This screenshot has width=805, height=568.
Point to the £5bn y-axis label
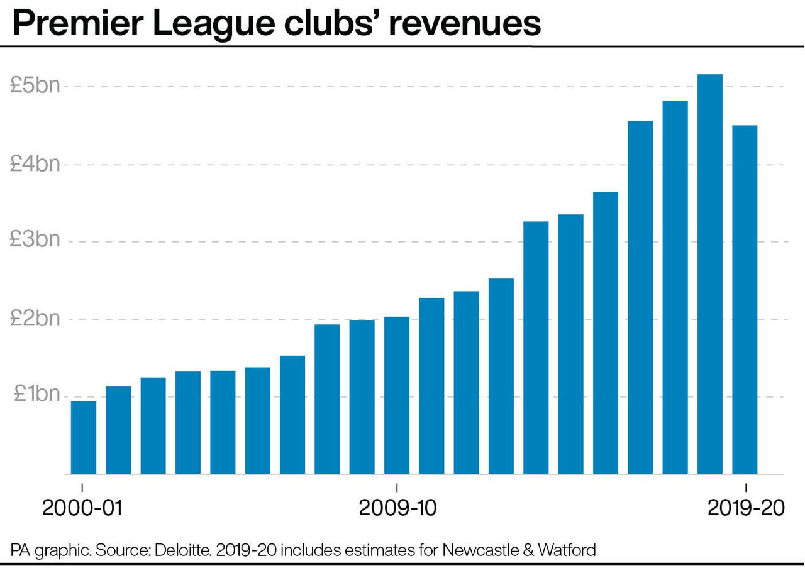pyautogui.click(x=35, y=86)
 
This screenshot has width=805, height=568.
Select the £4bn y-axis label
pyautogui.click(x=35, y=164)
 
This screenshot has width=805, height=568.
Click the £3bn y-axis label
pyautogui.click(x=35, y=241)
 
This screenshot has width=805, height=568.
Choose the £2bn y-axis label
pyautogui.click(x=35, y=319)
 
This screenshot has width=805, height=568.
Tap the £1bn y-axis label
pyautogui.click(x=35, y=395)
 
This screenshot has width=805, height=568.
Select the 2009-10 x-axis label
pyautogui.click(x=397, y=508)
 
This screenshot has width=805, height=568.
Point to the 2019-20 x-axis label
pyautogui.click(x=746, y=508)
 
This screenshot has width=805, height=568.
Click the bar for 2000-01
pyautogui.click(x=83, y=438)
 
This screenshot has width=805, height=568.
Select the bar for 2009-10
pyautogui.click(x=397, y=396)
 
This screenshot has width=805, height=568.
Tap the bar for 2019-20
pyautogui.click(x=745, y=300)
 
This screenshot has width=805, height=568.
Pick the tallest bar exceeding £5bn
pyautogui.click(x=710, y=274)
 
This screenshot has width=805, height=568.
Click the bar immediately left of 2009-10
pyautogui.click(x=362, y=397)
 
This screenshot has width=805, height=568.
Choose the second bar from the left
pyautogui.click(x=118, y=430)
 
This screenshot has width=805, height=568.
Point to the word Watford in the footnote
pyautogui.click(x=565, y=551)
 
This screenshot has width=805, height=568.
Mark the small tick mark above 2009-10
pyautogui.click(x=397, y=488)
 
